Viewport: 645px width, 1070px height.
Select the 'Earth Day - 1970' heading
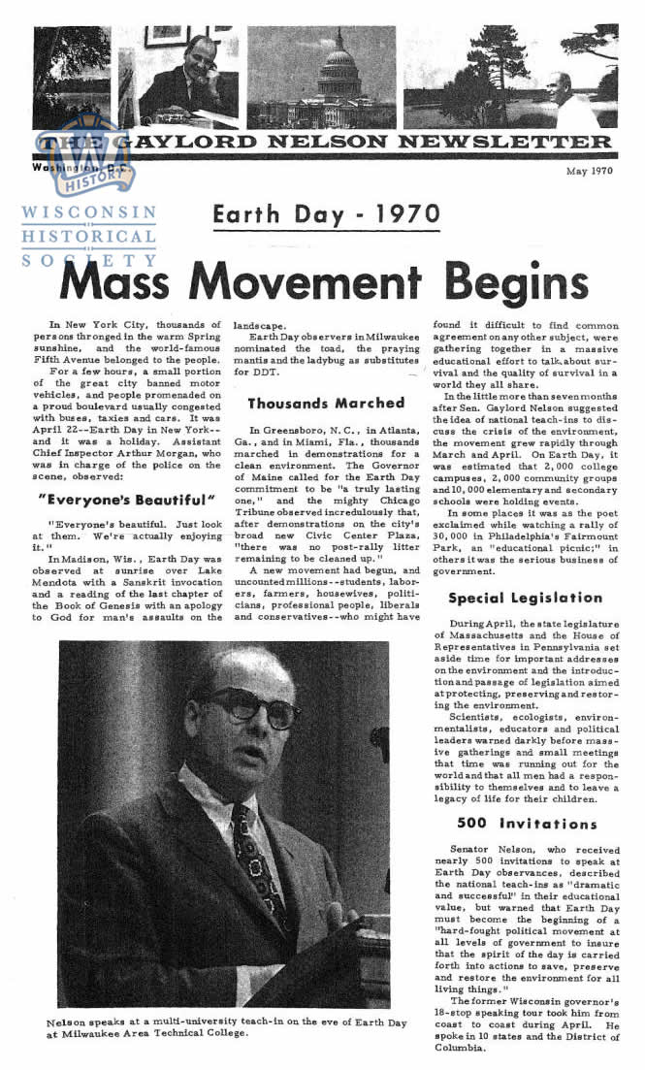[x=326, y=213]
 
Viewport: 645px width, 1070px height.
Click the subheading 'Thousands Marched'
[x=326, y=403]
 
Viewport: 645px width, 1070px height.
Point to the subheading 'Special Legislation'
[x=525, y=598]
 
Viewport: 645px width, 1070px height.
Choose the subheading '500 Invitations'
[x=527, y=824]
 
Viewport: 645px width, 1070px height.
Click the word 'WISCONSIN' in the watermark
[x=88, y=212]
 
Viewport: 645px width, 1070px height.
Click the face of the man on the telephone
[x=203, y=57]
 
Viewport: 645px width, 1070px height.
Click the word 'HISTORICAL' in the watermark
[x=88, y=236]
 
